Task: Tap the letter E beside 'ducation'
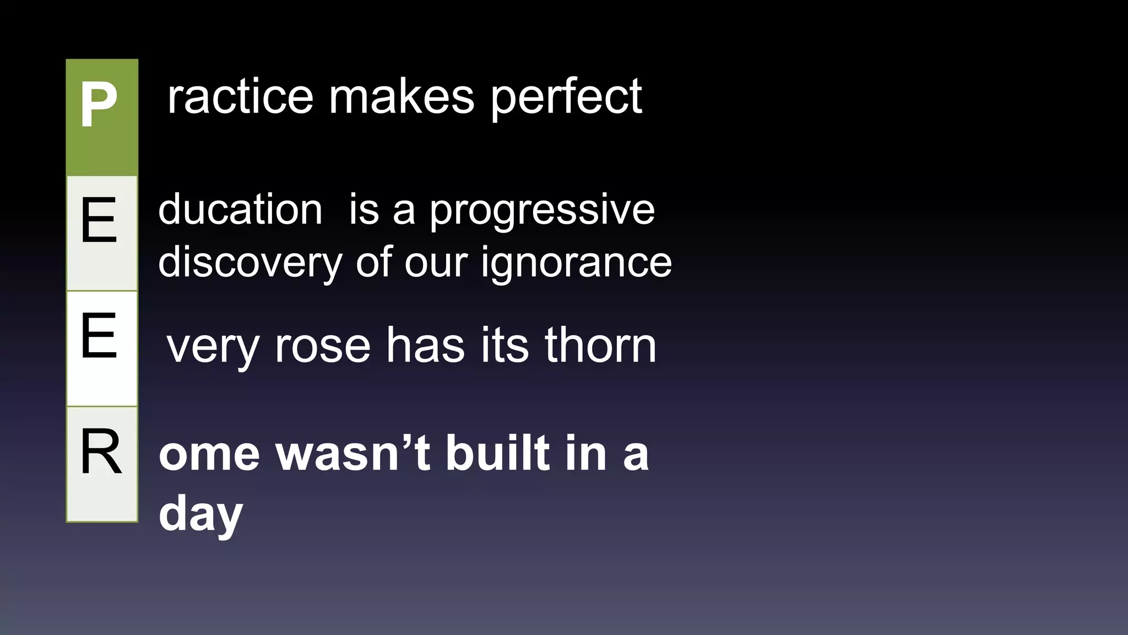tap(99, 220)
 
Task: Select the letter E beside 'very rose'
tap(99, 335)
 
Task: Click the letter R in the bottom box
tap(100, 452)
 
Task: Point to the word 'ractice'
tap(240, 97)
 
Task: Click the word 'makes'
tap(402, 97)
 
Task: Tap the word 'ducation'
tap(240, 209)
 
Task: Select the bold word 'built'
tap(498, 453)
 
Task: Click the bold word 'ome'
tap(209, 454)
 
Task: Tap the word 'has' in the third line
tap(425, 346)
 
